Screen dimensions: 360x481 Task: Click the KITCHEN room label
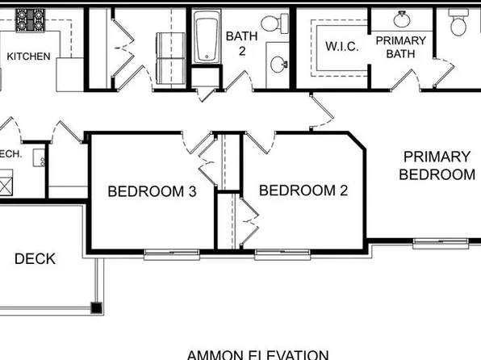(x=28, y=57)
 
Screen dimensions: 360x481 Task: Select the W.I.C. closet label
(x=342, y=47)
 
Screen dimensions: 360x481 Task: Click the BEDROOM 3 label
(x=153, y=191)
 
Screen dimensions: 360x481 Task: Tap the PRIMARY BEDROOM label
(x=437, y=165)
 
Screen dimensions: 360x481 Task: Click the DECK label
(x=35, y=259)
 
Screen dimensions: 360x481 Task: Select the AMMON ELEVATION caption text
(x=257, y=354)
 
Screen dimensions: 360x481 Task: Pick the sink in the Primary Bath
(x=402, y=19)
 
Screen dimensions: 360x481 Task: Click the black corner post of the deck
(x=96, y=307)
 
